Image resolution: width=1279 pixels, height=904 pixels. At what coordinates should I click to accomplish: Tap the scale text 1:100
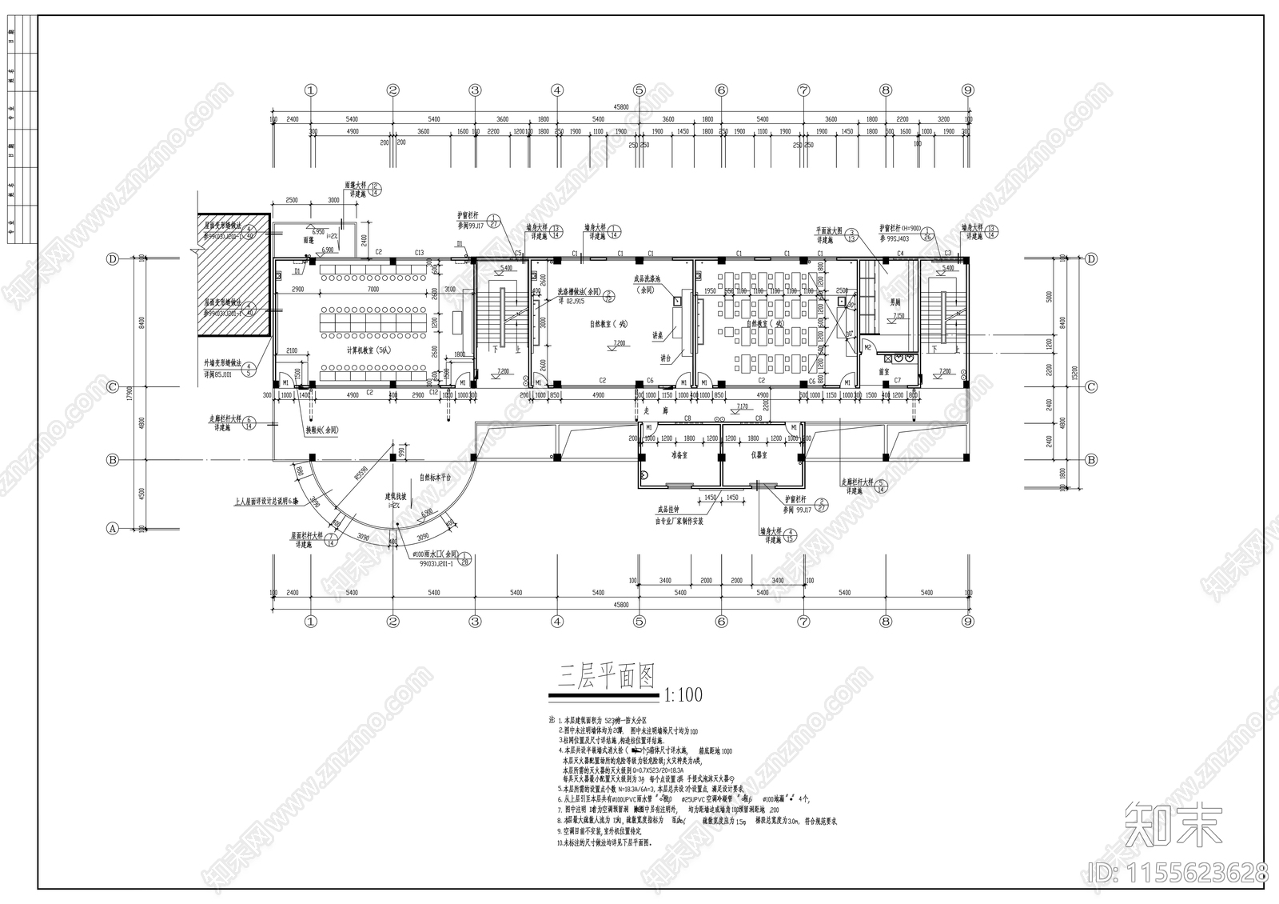click(683, 694)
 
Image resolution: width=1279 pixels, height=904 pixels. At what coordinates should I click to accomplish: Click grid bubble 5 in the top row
click(639, 90)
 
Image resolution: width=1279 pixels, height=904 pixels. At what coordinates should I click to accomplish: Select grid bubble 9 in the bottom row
click(967, 621)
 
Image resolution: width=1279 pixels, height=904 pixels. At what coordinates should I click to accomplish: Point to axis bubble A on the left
click(113, 529)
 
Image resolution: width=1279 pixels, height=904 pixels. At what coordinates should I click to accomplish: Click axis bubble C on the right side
click(1091, 386)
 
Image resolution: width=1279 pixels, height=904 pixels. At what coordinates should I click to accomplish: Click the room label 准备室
click(679, 454)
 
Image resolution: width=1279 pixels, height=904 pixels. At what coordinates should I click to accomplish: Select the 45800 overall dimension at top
click(620, 106)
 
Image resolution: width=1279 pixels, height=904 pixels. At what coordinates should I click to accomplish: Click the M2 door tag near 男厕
click(868, 347)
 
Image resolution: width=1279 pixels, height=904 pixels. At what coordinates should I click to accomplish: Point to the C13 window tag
click(419, 253)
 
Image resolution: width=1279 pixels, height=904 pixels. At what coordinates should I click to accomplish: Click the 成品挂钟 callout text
click(668, 509)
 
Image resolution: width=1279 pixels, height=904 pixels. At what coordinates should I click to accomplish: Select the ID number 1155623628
click(1179, 871)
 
